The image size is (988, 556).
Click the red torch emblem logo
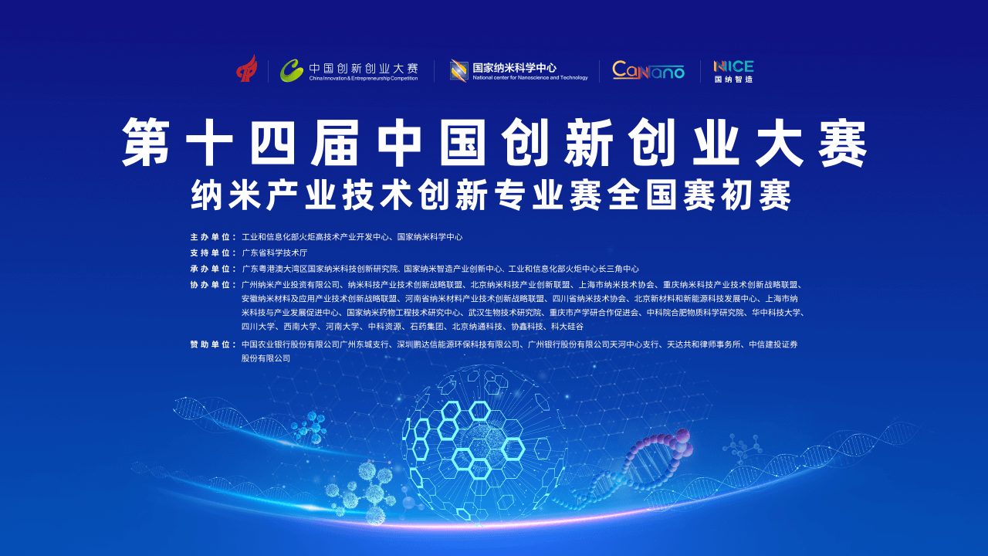(x=247, y=69)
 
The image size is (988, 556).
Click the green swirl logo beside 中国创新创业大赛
(x=292, y=70)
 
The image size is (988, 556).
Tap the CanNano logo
(x=648, y=70)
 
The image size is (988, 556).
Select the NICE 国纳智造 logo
(x=733, y=72)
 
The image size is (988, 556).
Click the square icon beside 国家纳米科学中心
(x=459, y=70)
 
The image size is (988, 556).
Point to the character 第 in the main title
(x=146, y=142)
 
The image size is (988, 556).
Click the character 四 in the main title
(x=272, y=142)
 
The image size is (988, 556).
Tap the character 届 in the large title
(x=335, y=142)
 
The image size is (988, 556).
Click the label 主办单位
(x=211, y=237)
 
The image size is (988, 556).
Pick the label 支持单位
(x=211, y=253)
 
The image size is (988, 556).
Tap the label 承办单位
(x=211, y=269)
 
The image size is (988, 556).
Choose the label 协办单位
(x=211, y=285)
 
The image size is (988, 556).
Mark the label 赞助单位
(x=211, y=344)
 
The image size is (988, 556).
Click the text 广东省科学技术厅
(x=274, y=253)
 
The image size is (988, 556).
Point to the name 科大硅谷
(x=567, y=327)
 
